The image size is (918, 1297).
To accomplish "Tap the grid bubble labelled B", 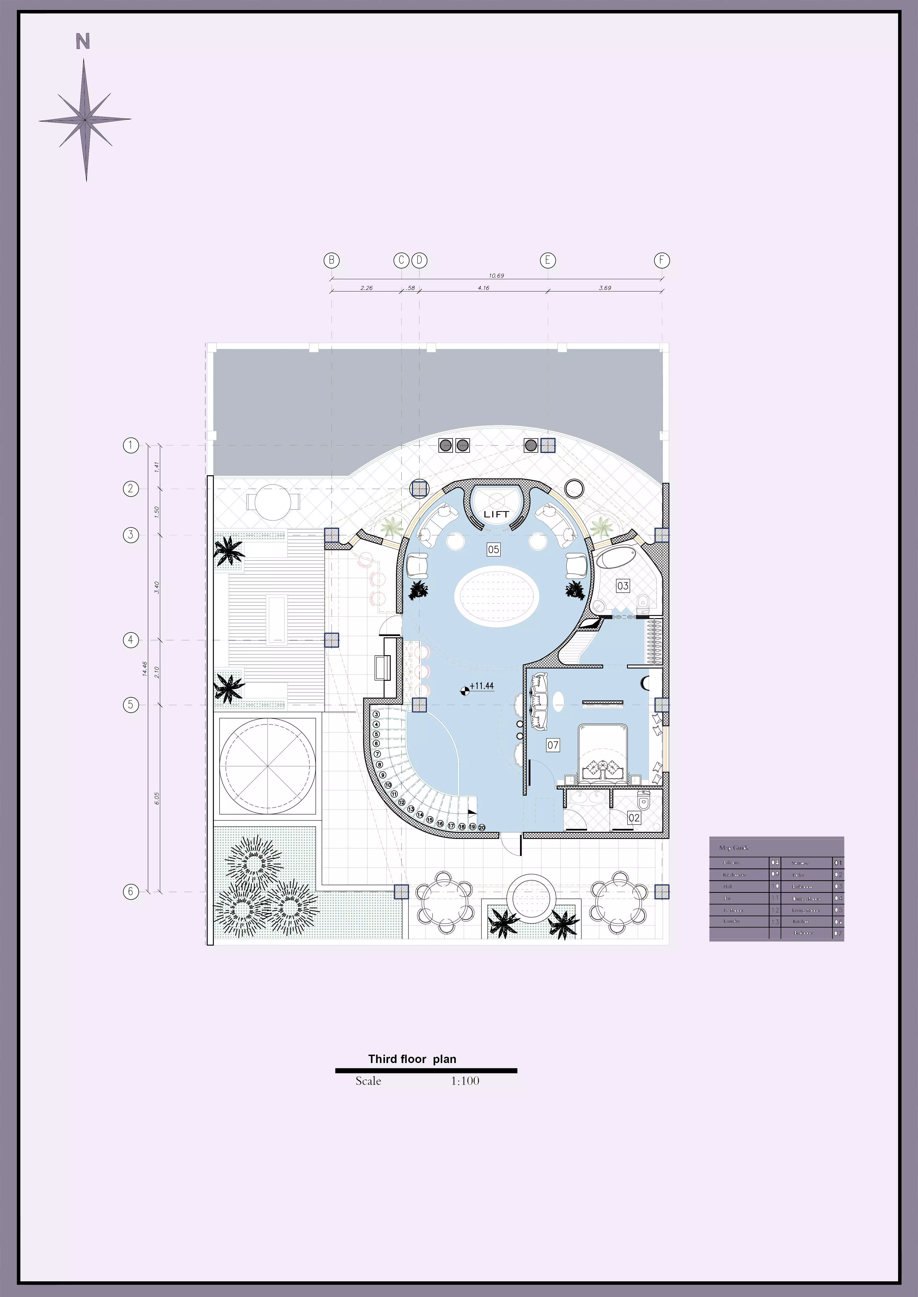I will point(332,260).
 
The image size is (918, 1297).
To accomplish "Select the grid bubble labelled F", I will point(662,260).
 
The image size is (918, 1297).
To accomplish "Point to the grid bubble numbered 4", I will point(131,640).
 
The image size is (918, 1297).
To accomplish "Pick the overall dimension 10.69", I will point(496,276).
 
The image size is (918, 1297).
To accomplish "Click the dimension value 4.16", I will point(483,288).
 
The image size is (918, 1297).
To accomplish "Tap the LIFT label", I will point(496,514).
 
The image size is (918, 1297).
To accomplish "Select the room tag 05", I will point(494,549).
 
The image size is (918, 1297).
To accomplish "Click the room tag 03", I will point(623,586).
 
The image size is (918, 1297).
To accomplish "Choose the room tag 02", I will point(634,818).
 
